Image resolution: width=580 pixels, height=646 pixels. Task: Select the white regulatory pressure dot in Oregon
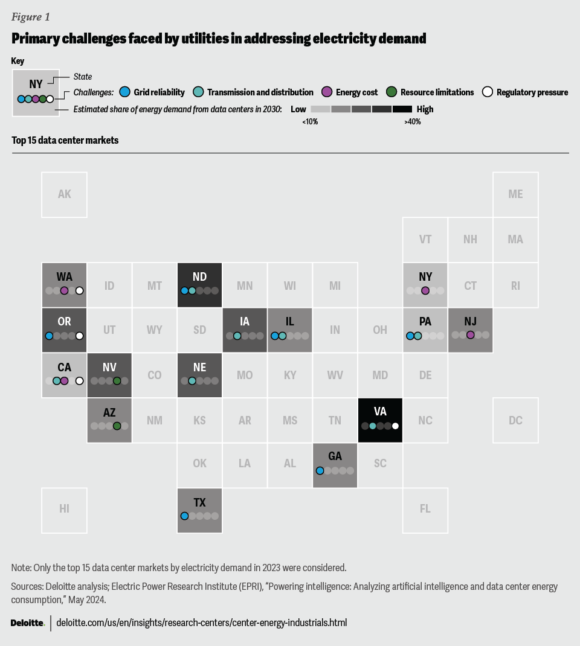(79, 336)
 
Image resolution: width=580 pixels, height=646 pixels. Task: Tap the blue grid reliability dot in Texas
(185, 516)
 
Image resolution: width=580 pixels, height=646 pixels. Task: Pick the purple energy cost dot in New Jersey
(471, 334)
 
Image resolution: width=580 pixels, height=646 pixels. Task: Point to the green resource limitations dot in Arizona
(117, 426)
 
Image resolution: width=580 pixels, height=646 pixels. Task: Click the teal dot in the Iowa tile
(237, 336)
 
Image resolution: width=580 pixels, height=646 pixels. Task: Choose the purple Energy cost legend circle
(327, 92)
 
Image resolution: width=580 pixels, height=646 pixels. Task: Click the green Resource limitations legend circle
(391, 92)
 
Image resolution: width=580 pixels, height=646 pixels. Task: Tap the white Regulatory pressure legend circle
(488, 92)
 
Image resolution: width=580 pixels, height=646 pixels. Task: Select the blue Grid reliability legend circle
(125, 92)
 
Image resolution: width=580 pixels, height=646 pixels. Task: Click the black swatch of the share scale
(402, 109)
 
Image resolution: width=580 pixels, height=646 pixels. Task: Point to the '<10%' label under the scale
(310, 122)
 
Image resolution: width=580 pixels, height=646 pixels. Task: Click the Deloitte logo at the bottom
(28, 622)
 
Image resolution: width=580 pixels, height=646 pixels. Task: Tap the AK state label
(64, 194)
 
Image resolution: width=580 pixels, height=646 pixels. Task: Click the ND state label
(199, 277)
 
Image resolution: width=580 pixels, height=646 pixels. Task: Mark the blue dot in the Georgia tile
(320, 470)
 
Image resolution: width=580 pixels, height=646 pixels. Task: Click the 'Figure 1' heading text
(31, 17)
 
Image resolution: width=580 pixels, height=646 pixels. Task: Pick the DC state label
(515, 420)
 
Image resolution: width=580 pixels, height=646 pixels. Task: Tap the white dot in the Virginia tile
(395, 426)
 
